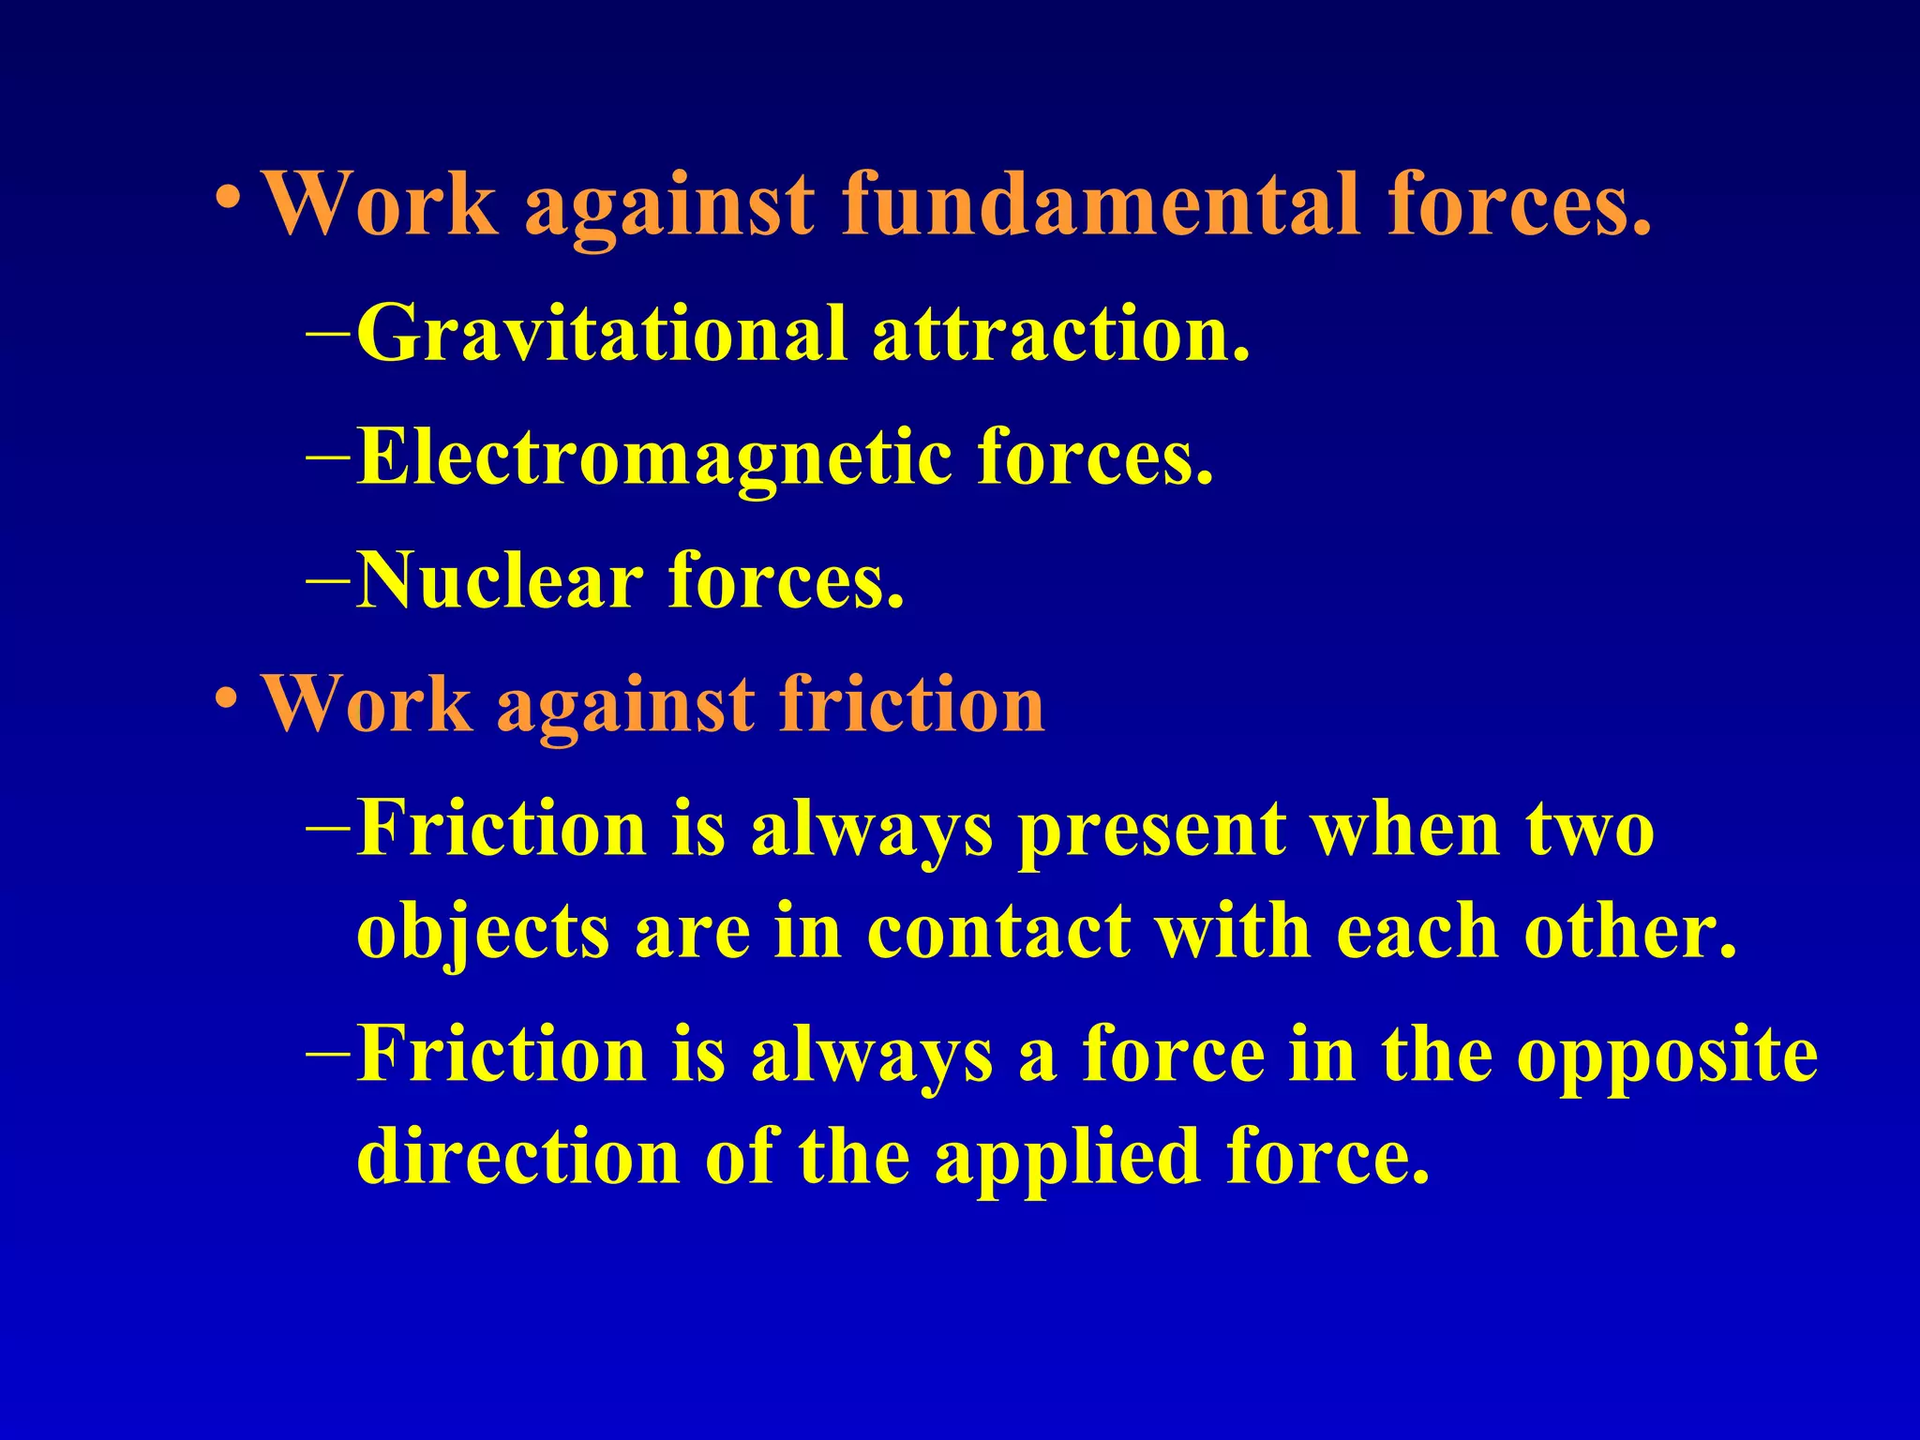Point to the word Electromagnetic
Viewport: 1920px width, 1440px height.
tap(652, 457)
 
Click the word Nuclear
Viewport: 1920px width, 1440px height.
tap(499, 580)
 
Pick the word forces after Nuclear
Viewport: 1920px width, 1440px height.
tap(786, 580)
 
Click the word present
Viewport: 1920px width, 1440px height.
tap(1152, 831)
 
